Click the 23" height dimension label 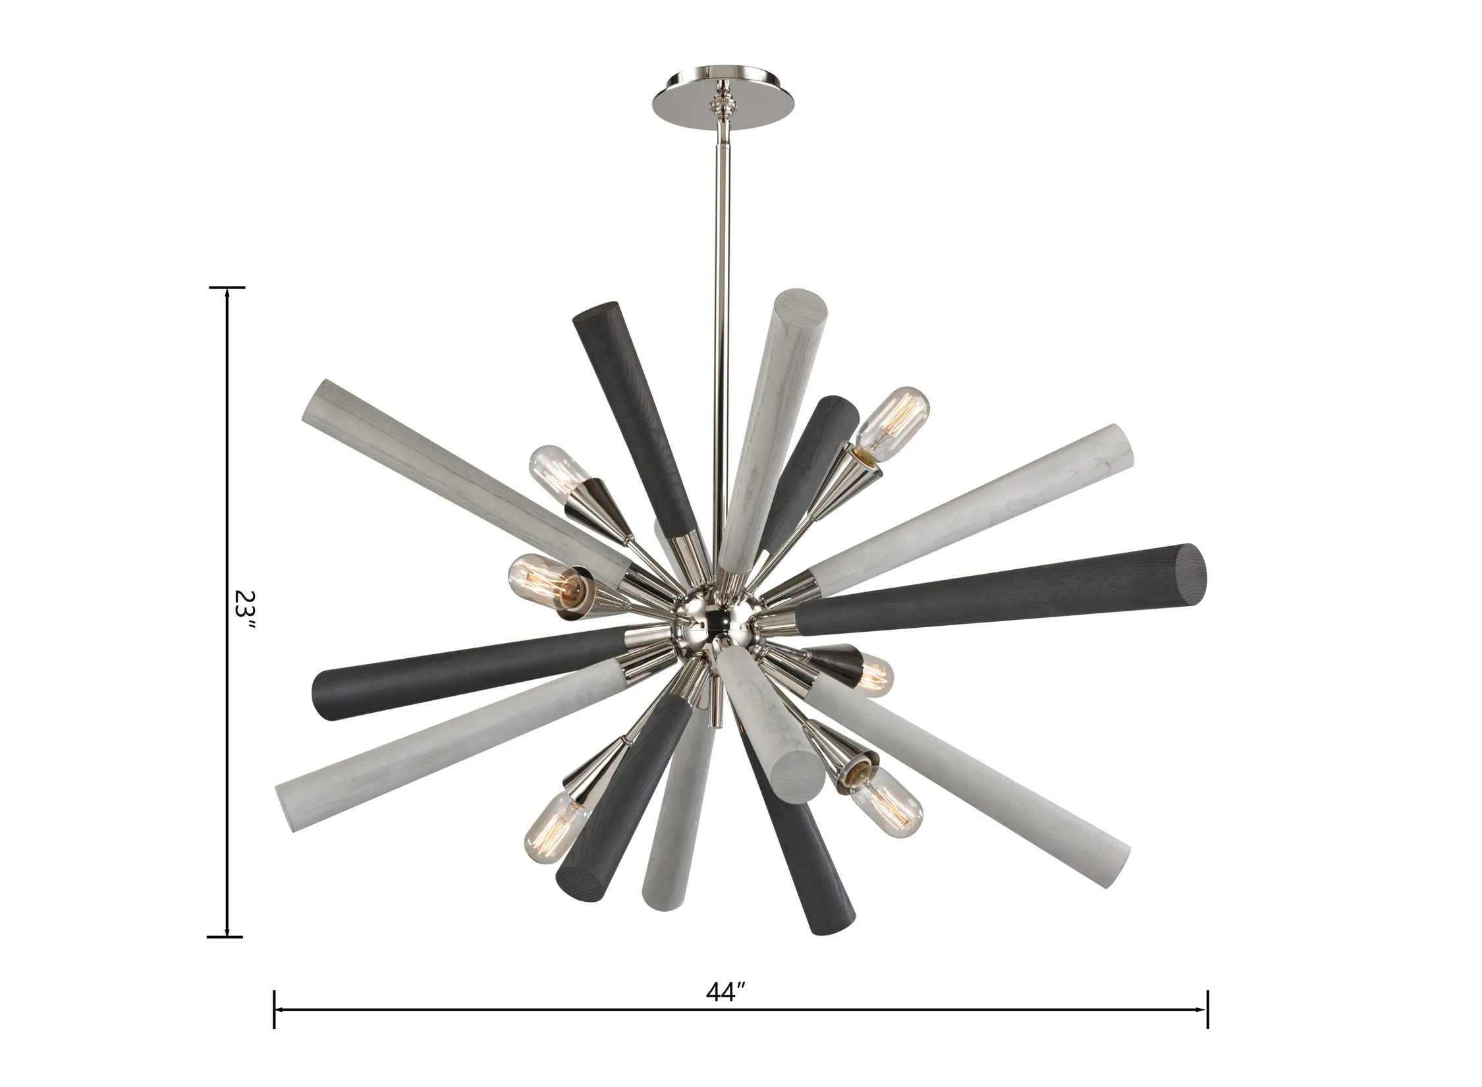(243, 610)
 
